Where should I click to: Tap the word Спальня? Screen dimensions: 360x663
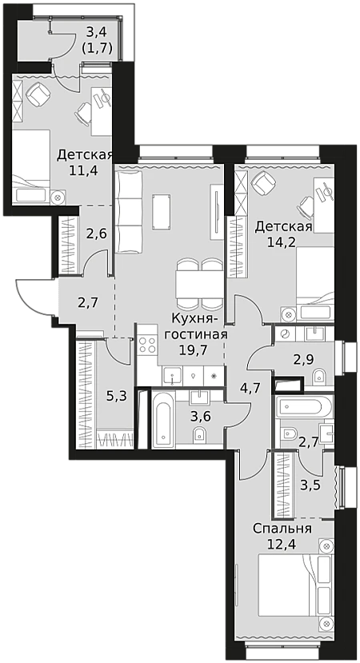pos(282,529)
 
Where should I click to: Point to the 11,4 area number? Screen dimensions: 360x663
pos(84,170)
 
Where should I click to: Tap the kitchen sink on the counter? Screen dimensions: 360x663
pos(173,375)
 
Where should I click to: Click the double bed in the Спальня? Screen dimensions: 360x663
pos(296,586)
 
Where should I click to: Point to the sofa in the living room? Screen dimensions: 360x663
pos(129,210)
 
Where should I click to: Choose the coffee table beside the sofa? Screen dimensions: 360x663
pos(162,212)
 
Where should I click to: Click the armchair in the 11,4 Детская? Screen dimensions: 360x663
pos(38,94)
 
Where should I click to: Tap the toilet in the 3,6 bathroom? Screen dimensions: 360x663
pos(199,436)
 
